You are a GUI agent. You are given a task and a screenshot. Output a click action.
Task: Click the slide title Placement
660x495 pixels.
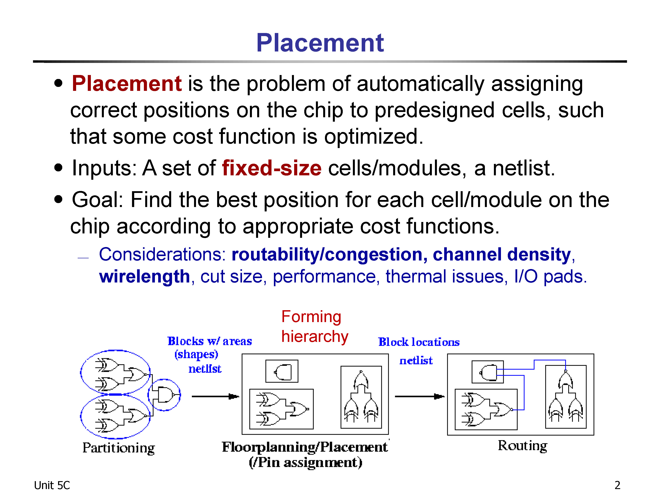(x=320, y=43)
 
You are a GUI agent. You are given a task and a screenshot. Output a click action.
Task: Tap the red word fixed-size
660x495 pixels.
(x=272, y=168)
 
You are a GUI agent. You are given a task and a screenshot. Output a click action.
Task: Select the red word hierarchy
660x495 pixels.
(x=315, y=337)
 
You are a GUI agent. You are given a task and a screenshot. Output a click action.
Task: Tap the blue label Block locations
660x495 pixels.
(x=419, y=342)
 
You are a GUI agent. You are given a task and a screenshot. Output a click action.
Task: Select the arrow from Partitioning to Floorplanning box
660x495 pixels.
(x=215, y=396)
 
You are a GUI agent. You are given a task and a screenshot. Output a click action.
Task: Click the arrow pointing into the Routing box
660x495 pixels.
(x=420, y=396)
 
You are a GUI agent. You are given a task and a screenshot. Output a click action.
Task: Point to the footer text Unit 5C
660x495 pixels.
(x=52, y=486)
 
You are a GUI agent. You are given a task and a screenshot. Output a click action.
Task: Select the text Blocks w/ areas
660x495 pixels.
(x=210, y=341)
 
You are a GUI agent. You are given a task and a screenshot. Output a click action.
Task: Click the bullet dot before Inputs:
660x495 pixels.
(x=59, y=168)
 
